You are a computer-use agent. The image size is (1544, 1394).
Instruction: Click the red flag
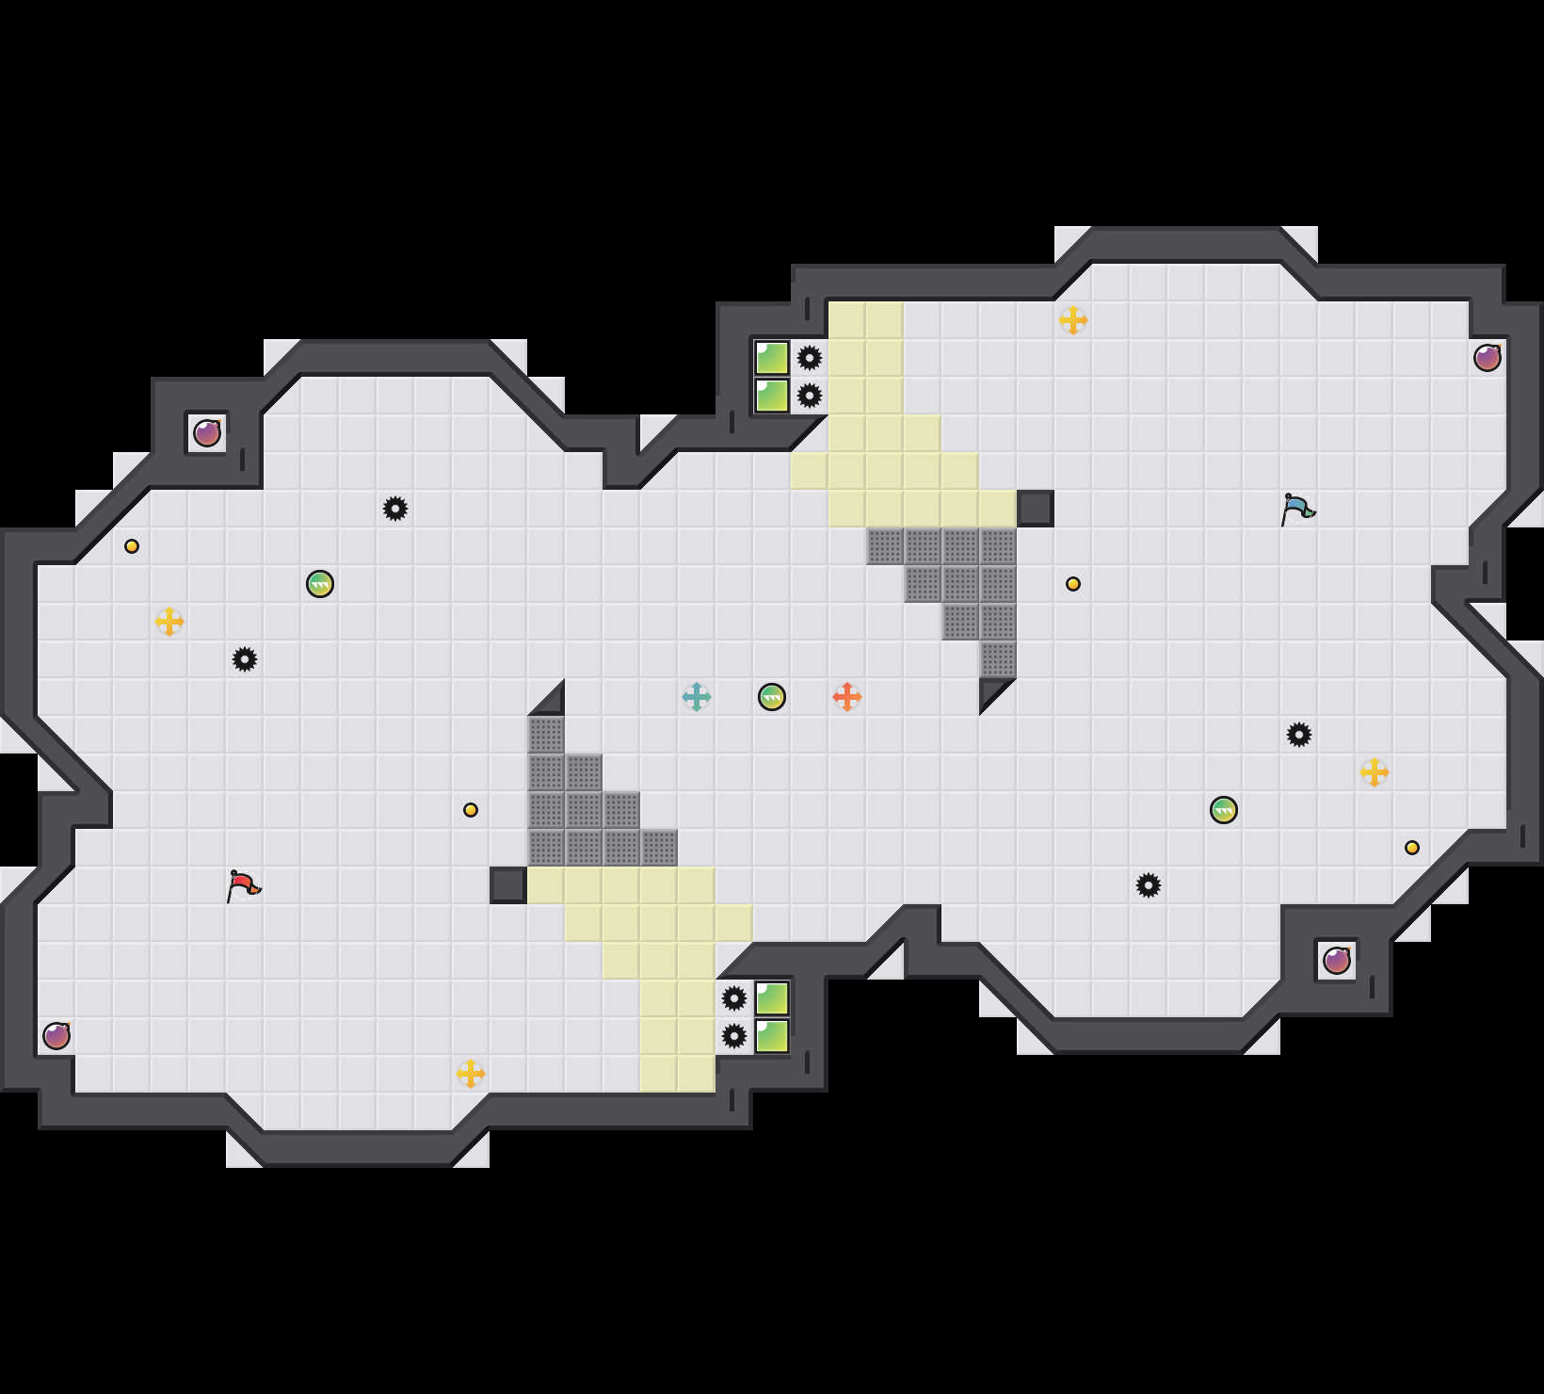pos(243,885)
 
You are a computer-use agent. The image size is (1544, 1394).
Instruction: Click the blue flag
pos(1297,509)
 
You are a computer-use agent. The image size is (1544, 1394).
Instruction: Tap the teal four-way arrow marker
pos(697,697)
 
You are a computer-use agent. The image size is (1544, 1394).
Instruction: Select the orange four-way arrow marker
pos(847,697)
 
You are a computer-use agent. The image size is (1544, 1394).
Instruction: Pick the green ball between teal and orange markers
pos(772,697)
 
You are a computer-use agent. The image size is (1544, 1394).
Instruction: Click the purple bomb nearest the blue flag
pos(1488,358)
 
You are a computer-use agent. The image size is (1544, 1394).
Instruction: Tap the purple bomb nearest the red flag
pos(56,1036)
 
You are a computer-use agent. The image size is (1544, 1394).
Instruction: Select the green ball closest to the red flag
pos(320,584)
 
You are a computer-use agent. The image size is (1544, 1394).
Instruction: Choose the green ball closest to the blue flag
pos(1224,810)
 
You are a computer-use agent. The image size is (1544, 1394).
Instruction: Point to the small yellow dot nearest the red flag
pos(471,810)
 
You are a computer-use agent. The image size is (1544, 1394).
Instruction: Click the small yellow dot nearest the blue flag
pos(1073,584)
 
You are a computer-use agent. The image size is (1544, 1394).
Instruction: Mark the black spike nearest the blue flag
pos(1299,735)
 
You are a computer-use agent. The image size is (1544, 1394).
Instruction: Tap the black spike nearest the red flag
pos(245,659)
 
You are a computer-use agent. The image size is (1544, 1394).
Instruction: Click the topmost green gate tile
pos(772,358)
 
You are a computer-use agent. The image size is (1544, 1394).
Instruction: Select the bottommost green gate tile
pos(772,1036)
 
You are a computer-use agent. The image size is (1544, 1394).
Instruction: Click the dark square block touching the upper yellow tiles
pos(1036,509)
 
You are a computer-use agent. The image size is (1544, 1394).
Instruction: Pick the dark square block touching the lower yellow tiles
pos(508,885)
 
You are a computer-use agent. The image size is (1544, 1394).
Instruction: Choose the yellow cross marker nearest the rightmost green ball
pos(1375,772)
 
